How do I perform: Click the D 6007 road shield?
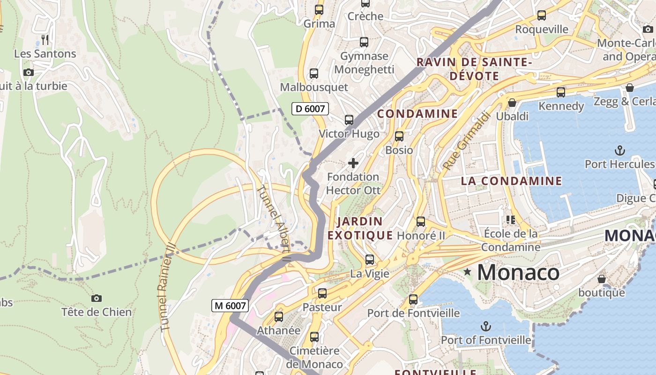tap(310, 109)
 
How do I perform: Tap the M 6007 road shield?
tap(229, 306)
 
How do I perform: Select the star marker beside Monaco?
tap(467, 271)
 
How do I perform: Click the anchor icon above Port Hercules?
tap(619, 150)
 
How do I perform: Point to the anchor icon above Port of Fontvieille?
tap(486, 326)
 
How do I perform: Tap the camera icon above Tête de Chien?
tap(97, 298)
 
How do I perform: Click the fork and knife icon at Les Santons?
tap(45, 39)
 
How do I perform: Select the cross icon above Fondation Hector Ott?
tap(353, 163)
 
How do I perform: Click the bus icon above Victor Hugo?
tap(349, 120)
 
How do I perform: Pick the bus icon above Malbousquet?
tap(314, 74)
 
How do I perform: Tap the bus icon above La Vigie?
tap(370, 259)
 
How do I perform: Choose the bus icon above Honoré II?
tap(421, 222)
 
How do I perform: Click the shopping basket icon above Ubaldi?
tap(512, 102)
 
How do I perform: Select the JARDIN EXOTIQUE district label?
tap(360, 228)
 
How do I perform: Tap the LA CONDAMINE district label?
tap(511, 181)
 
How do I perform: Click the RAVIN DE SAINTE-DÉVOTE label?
tap(474, 69)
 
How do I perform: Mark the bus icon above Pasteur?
tap(322, 293)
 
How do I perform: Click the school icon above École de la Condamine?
tap(511, 219)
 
